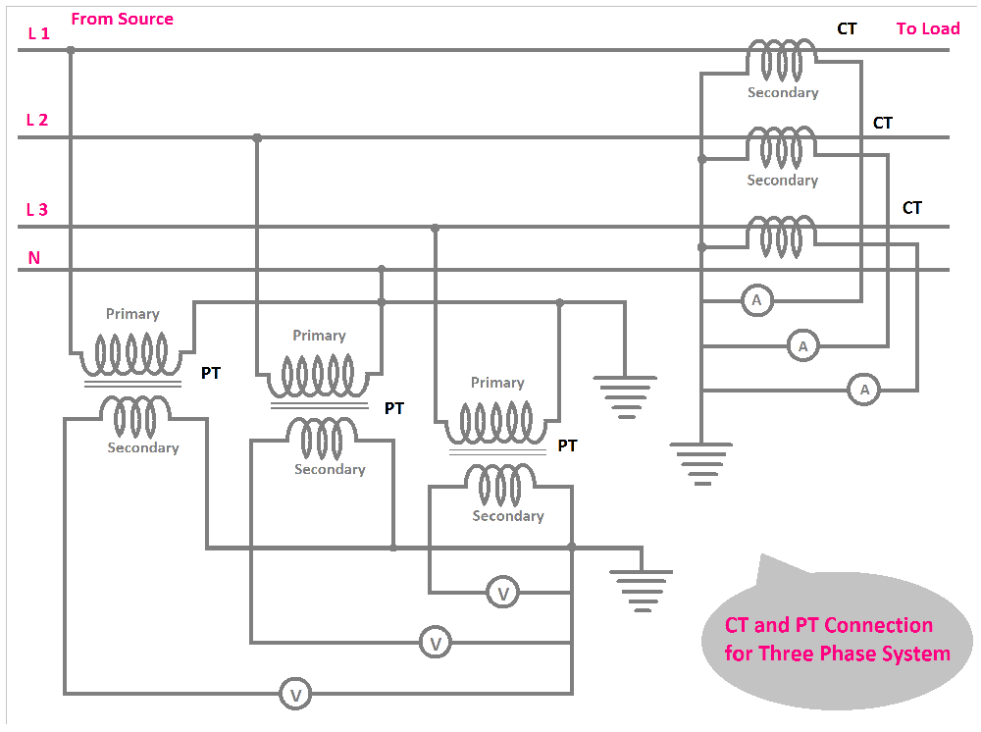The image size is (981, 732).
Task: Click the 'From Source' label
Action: (x=122, y=19)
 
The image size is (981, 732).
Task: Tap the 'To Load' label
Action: (x=927, y=28)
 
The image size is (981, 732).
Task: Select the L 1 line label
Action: (x=38, y=32)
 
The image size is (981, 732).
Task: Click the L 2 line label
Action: (x=37, y=120)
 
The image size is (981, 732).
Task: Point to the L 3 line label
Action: (x=37, y=209)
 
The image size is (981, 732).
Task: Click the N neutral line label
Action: (x=34, y=258)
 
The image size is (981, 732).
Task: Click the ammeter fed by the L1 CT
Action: (x=756, y=301)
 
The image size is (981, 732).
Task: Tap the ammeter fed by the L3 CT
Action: (x=864, y=391)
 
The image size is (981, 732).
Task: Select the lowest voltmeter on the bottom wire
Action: (x=294, y=695)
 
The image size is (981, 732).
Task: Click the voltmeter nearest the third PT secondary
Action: (x=503, y=593)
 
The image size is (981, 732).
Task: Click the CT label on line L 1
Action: (x=847, y=28)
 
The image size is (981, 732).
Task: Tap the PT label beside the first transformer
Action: (x=211, y=373)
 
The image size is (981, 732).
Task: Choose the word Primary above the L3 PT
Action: (x=497, y=383)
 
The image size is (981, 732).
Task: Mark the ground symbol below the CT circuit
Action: (x=701, y=462)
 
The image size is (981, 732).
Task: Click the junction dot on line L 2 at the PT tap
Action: (x=257, y=138)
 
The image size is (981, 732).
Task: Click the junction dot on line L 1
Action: (x=70, y=49)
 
